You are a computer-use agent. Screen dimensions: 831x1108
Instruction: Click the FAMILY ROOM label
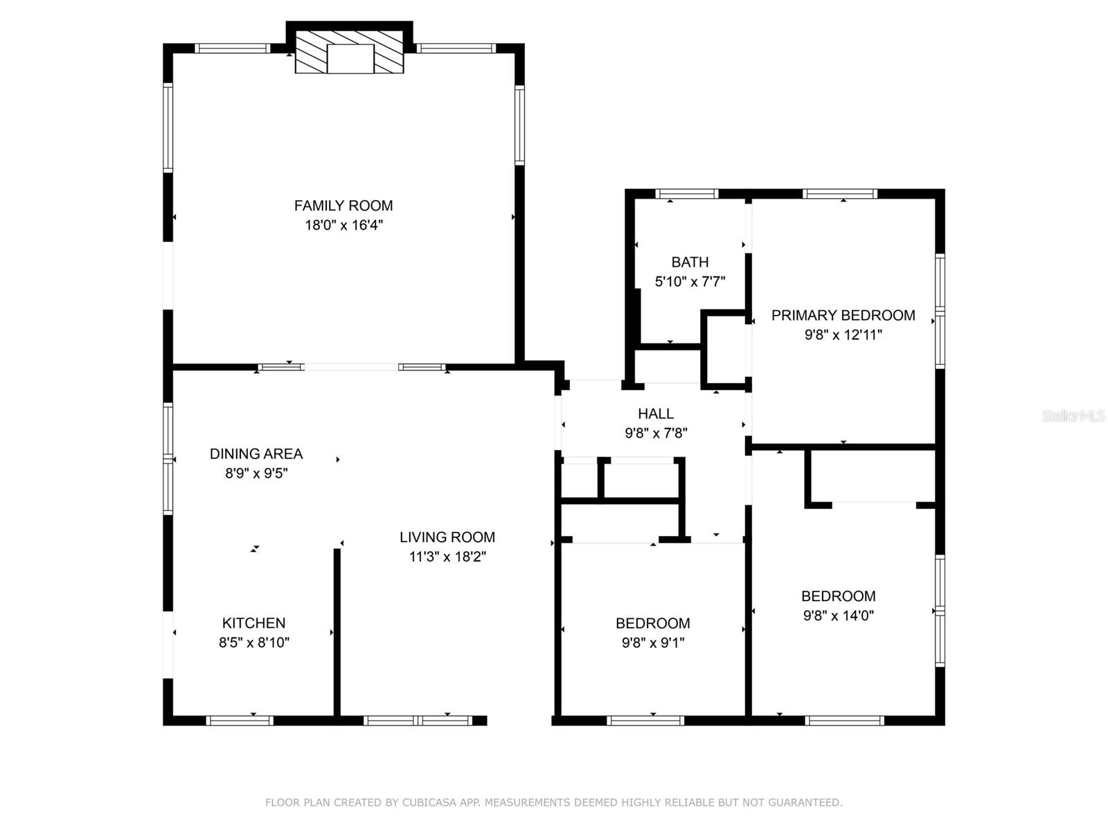343,206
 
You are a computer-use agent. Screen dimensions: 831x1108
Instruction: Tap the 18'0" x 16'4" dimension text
343,225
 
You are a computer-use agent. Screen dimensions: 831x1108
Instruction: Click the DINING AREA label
256,454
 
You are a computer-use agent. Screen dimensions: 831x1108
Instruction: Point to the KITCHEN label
253,623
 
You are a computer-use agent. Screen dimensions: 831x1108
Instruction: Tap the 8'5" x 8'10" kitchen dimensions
253,642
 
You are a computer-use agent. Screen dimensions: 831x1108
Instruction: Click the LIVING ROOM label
447,537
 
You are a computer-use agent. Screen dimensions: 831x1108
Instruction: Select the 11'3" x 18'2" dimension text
447,556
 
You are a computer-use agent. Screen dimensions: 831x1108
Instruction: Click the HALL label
656,413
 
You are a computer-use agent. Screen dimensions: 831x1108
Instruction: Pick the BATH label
690,262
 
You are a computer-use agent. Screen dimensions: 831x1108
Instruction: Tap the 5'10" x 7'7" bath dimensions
690,281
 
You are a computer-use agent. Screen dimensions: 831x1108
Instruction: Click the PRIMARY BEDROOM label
843,315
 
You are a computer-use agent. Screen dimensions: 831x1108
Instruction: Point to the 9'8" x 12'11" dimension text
843,334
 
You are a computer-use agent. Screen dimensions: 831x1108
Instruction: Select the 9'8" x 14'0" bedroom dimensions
838,615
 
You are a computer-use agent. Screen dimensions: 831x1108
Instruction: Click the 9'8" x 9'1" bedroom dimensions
652,642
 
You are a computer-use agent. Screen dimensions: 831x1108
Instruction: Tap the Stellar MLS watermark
1073,415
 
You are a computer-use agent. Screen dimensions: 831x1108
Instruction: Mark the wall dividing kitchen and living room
337,630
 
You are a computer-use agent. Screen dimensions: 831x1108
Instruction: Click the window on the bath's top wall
686,194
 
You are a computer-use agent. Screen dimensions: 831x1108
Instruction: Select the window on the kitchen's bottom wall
240,720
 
